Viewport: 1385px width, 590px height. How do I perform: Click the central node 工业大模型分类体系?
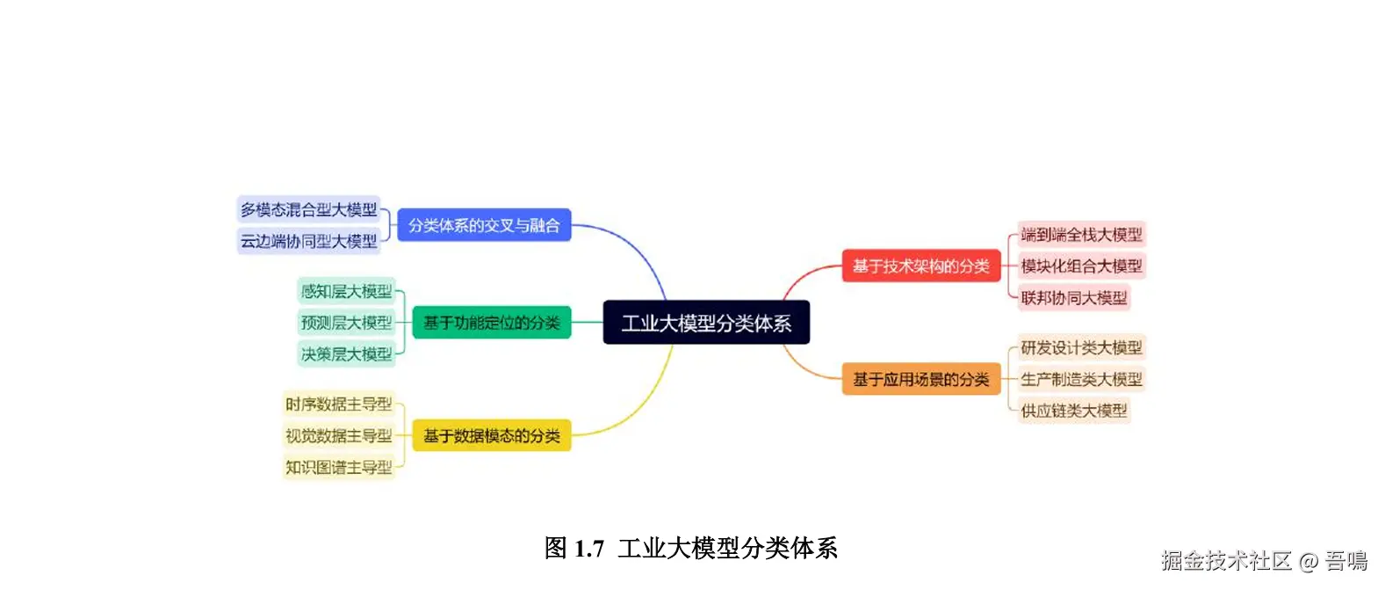706,323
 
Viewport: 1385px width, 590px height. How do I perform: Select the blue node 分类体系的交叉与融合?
484,225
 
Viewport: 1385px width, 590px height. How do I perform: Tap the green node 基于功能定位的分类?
491,323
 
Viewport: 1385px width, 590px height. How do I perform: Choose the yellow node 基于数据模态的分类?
491,435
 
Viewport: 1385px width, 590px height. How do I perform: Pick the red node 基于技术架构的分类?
920,266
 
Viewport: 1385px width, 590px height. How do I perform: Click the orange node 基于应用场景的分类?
920,379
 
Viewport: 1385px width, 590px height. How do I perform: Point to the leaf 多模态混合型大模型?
308,209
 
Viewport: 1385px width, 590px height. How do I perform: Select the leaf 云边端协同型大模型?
308,241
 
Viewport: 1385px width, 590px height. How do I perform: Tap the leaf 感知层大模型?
346,291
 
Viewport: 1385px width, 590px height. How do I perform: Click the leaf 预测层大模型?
346,323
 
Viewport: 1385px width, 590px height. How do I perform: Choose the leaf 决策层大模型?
346,354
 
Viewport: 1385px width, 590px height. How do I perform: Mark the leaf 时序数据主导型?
338,404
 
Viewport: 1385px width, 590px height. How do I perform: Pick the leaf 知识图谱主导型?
338,467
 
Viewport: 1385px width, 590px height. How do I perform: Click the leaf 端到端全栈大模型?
1081,234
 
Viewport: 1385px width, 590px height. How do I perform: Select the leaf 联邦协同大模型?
1073,297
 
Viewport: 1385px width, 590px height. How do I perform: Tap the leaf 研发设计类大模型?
1081,347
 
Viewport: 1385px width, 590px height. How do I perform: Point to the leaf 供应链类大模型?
1073,411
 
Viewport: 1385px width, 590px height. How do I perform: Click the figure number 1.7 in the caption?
588,549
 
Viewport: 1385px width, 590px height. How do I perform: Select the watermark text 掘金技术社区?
1226,561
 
